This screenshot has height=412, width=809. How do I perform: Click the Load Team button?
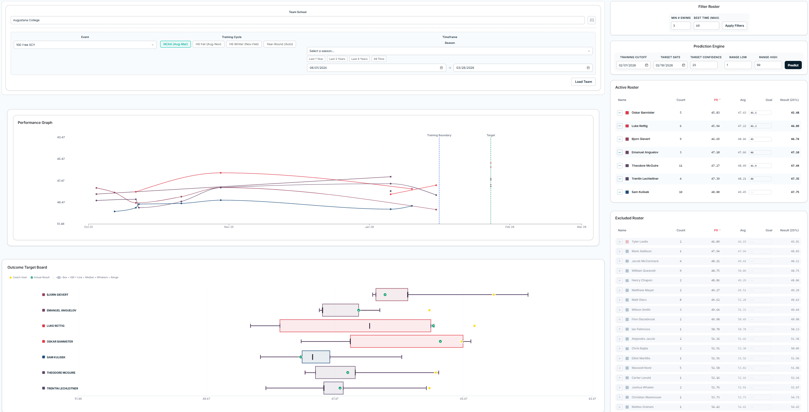point(583,82)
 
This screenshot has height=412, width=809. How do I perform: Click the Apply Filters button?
point(734,26)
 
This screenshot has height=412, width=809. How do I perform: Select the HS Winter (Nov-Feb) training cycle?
point(244,44)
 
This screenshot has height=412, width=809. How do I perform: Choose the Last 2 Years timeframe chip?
point(337,59)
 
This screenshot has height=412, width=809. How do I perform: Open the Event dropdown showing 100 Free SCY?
point(85,45)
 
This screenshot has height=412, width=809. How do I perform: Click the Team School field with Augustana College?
point(297,20)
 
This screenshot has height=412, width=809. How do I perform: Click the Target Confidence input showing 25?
point(703,65)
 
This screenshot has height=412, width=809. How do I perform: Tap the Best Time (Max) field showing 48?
point(706,26)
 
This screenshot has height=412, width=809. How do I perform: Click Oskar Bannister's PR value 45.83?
point(715,113)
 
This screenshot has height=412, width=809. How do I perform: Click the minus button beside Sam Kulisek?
point(619,192)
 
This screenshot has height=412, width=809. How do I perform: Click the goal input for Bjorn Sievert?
point(760,139)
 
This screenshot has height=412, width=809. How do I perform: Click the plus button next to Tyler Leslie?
point(619,242)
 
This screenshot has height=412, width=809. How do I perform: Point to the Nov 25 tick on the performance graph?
point(229,227)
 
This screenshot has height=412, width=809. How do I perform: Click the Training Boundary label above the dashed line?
point(439,135)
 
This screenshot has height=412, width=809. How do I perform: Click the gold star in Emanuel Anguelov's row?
point(429,310)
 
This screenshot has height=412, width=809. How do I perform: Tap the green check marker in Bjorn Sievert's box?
point(385,295)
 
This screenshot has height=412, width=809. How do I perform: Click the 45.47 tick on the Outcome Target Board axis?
point(463,399)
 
